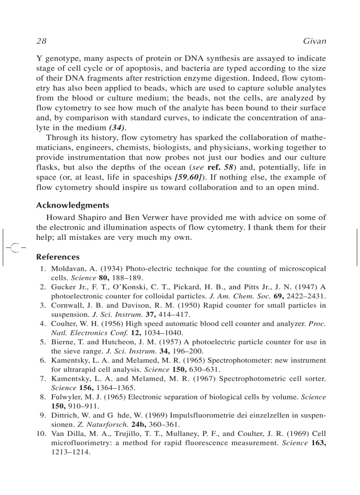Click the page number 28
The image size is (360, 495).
coord(41,41)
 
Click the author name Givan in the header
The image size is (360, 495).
coord(314,41)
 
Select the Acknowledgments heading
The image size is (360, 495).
coord(72,205)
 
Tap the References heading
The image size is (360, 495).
coord(58,257)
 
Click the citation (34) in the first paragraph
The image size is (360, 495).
coord(117,128)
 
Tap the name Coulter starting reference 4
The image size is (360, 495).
coord(64,324)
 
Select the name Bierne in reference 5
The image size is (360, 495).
coord(63,342)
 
